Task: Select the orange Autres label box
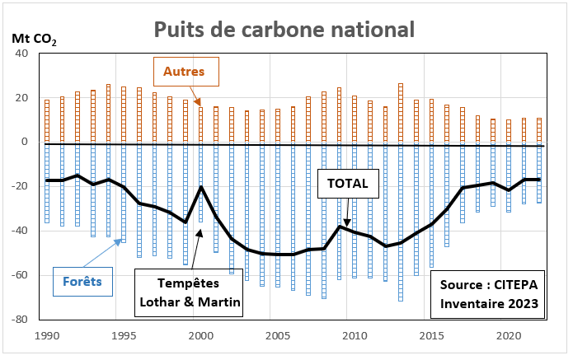pos(184,72)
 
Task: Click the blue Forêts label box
pos(82,281)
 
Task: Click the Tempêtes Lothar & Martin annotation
pos(189,292)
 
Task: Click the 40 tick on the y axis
pos(22,54)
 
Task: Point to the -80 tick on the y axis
pos(20,320)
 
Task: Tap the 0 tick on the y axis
pos(25,143)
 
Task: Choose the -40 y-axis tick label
pos(20,231)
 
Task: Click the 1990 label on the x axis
pos(47,336)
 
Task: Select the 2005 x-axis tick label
pos(278,336)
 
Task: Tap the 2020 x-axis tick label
pos(509,336)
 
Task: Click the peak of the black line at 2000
pos(201,186)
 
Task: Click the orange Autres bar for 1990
pos(47,121)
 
